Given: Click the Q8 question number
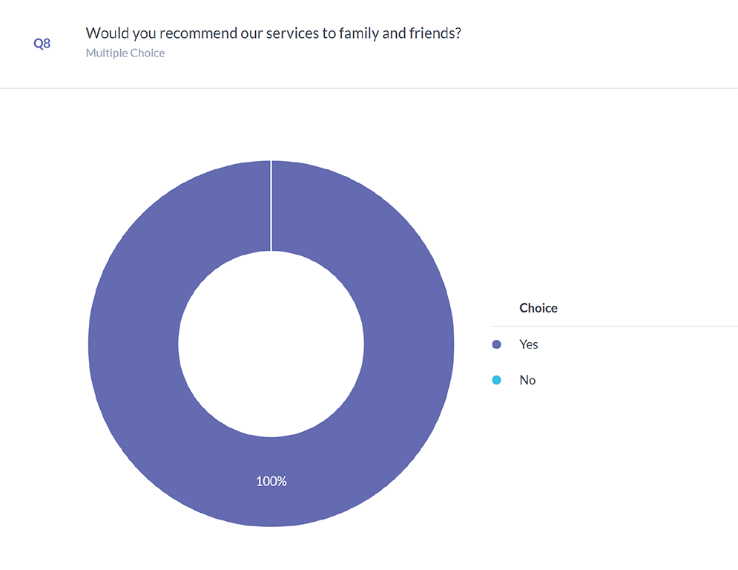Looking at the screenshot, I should point(42,44).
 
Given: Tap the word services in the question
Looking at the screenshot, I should point(300,33).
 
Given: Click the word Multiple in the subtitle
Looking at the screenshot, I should point(106,53).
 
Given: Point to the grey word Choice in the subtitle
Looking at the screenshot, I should point(148,53).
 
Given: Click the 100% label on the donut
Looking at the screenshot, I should point(271,482).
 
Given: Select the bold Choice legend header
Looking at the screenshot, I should point(538,308).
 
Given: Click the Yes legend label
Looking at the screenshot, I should point(528,344).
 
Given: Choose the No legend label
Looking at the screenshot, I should point(527,380).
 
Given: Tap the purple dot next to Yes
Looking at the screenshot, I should point(497,344).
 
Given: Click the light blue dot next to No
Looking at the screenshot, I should point(497,380).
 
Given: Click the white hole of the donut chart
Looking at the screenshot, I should point(271,343).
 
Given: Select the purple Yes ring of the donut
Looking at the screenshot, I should point(134,343).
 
